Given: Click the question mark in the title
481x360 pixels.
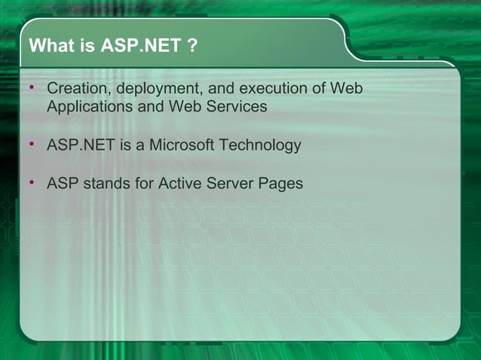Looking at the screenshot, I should [193, 47].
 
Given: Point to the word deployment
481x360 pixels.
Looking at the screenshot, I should [158, 90].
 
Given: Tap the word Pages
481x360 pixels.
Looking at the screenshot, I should [281, 183].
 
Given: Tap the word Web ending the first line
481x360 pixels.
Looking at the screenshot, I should [348, 89].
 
